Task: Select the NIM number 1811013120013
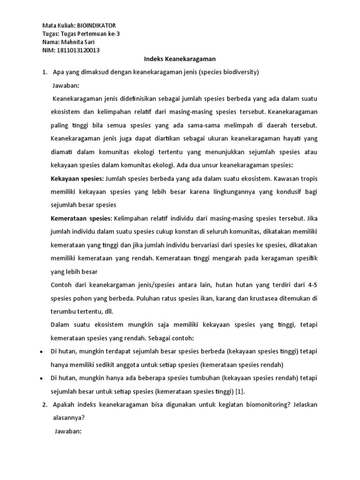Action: coord(78,51)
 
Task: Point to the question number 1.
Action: coord(45,73)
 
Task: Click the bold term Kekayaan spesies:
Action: coord(77,179)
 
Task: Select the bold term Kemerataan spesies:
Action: coord(81,218)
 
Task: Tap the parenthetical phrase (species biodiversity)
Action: coord(231,73)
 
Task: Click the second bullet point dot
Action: coord(42,378)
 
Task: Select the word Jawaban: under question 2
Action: coord(67,431)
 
